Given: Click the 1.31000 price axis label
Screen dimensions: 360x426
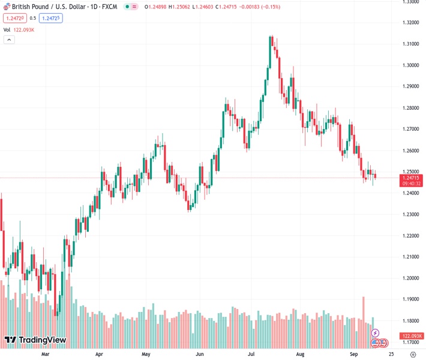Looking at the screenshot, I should pyautogui.click(x=411, y=44).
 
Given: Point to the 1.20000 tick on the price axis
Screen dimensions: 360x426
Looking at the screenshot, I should pyautogui.click(x=411, y=278).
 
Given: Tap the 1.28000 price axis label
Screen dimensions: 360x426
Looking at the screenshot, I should pyautogui.click(x=411, y=108).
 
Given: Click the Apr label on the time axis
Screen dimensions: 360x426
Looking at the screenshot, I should pyautogui.click(x=100, y=355).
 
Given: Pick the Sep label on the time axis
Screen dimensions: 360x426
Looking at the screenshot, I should pyautogui.click(x=353, y=355).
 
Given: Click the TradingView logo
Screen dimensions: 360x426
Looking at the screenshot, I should pyautogui.click(x=35, y=341).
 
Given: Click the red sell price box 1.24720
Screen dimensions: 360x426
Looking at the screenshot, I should pyautogui.click(x=13, y=18).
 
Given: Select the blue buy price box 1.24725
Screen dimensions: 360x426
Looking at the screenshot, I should pyautogui.click(x=51, y=18).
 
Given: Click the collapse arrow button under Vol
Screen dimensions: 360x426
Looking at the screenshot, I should pyautogui.click(x=9, y=40).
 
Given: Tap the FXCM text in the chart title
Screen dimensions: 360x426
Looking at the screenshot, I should pyautogui.click(x=109, y=7).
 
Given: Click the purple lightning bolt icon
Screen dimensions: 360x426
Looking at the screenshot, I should pyautogui.click(x=376, y=333).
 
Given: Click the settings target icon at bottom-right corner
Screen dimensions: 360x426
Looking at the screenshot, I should pyautogui.click(x=412, y=355).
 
